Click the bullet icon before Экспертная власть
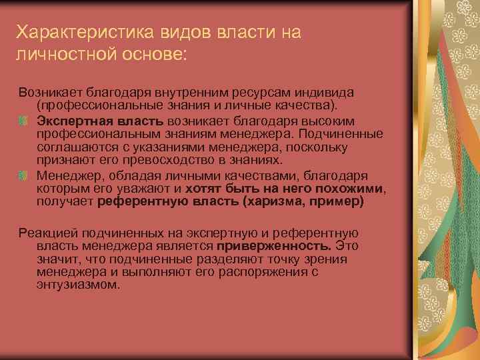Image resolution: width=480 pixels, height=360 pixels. coord(24,120)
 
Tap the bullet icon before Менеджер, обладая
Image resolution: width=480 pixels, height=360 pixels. coord(24,176)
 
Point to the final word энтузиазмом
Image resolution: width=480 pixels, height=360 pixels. coord(79,285)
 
